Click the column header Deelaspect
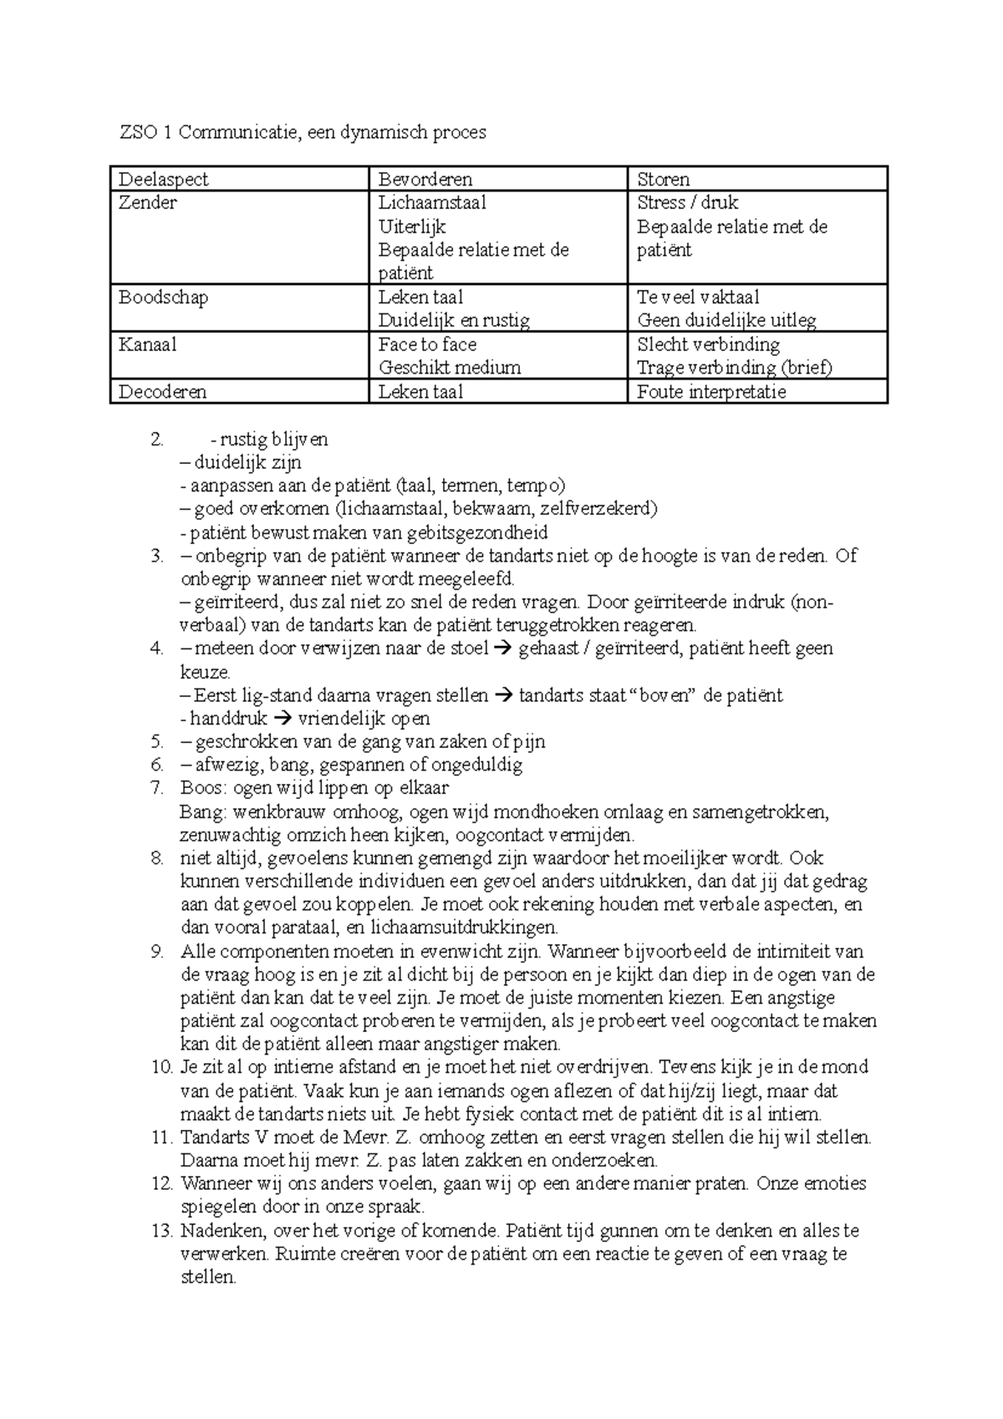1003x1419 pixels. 163,180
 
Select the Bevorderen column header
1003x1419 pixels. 425,180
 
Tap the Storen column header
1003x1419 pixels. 663,180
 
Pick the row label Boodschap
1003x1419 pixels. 163,298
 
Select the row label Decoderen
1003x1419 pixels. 162,392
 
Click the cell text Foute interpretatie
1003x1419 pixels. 711,392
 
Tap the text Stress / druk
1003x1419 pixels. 687,203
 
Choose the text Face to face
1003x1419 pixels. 427,344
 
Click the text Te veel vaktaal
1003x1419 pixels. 698,298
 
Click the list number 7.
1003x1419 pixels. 157,788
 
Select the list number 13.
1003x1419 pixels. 161,1231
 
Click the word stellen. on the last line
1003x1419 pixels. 209,1278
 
